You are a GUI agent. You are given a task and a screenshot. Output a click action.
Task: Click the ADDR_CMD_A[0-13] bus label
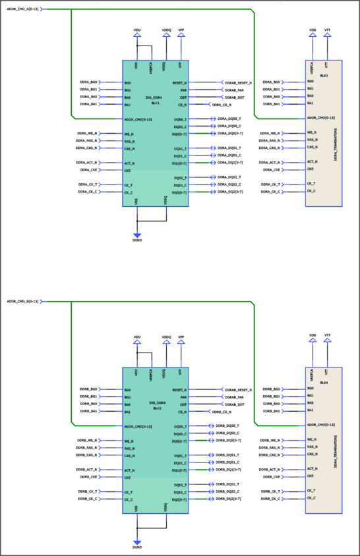[23, 9]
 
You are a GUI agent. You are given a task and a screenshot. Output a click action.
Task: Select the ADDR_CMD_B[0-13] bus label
[23, 301]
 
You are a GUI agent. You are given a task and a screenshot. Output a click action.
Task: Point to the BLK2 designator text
[156, 408]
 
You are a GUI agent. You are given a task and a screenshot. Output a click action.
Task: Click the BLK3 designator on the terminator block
[324, 75]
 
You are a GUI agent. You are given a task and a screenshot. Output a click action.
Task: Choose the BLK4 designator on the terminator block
[324, 382]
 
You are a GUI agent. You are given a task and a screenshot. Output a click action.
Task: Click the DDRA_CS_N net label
[222, 105]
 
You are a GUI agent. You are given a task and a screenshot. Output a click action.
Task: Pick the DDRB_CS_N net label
[222, 412]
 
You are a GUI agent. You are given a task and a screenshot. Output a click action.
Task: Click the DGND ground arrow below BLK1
[137, 234]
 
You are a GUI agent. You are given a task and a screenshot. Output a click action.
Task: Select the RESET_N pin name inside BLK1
[180, 82]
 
